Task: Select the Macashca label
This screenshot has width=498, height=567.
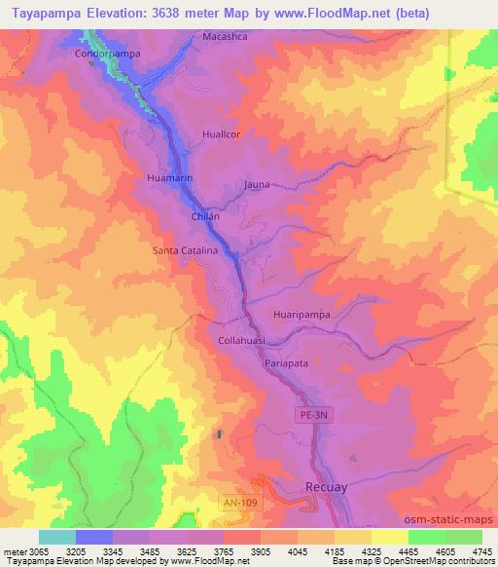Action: pos(226,36)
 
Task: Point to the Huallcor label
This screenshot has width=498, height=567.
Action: pos(220,134)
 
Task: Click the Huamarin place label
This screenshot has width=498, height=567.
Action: pos(170,178)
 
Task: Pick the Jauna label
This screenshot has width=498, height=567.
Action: pos(257,184)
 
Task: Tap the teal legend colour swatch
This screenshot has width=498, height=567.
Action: pos(57,537)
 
